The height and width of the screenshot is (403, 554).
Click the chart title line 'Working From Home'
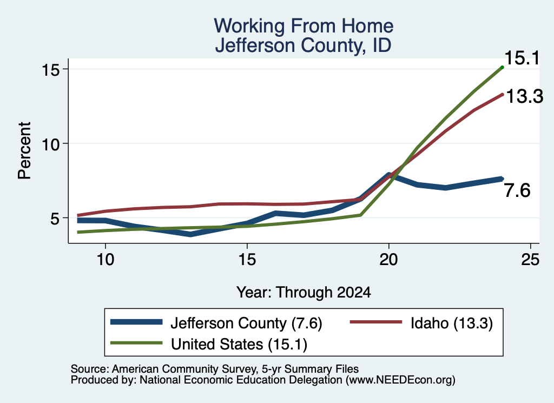pyautogui.click(x=304, y=26)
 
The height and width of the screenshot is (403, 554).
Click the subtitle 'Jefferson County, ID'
pyautogui.click(x=304, y=45)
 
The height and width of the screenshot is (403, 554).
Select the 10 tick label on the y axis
pyautogui.click(x=50, y=144)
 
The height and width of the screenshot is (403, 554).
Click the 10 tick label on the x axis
pyautogui.click(x=105, y=260)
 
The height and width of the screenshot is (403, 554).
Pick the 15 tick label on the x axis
pyautogui.click(x=247, y=260)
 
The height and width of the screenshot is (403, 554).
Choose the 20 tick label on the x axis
pyautogui.click(x=388, y=260)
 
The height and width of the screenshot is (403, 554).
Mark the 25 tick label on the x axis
pyautogui.click(x=530, y=260)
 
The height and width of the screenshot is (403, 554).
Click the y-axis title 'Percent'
pyautogui.click(x=24, y=150)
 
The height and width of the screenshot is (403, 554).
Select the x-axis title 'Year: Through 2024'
pyautogui.click(x=304, y=293)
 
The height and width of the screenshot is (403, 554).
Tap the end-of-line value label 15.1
pyautogui.click(x=522, y=58)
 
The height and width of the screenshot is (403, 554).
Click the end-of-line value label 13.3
pyautogui.click(x=524, y=96)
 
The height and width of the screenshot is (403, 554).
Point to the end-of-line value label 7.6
pyautogui.click(x=517, y=190)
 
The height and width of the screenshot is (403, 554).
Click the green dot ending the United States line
pyautogui.click(x=502, y=67)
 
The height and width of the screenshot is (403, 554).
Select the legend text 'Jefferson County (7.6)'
pyautogui.click(x=246, y=323)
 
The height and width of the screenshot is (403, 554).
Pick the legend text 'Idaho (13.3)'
pyautogui.click(x=452, y=323)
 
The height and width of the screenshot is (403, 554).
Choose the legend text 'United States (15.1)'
pyautogui.click(x=239, y=344)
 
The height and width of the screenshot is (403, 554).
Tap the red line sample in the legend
pyautogui.click(x=375, y=322)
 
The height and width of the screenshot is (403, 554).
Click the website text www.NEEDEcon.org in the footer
pyautogui.click(x=400, y=380)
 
